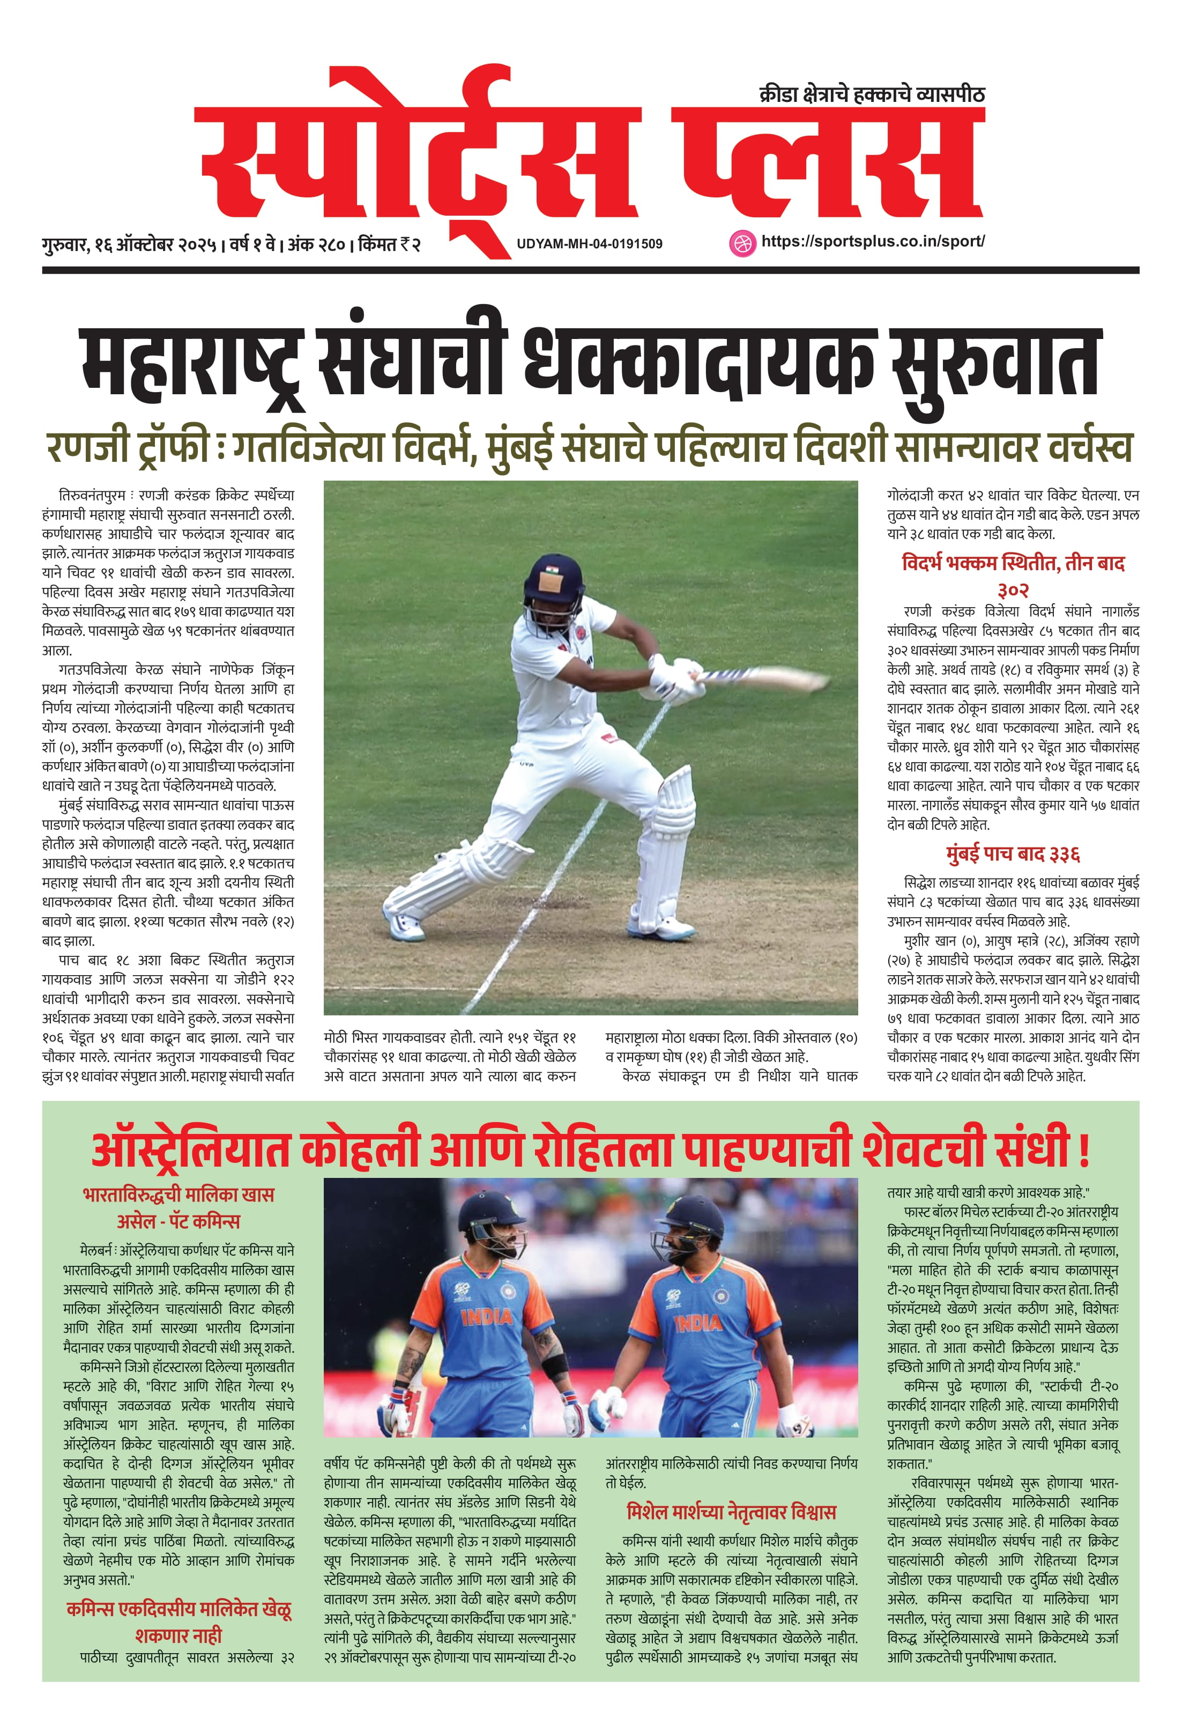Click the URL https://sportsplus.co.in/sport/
(872, 241)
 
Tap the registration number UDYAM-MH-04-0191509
(589, 244)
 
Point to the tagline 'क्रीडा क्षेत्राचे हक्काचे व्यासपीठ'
(872, 94)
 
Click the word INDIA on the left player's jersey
(486, 1317)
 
